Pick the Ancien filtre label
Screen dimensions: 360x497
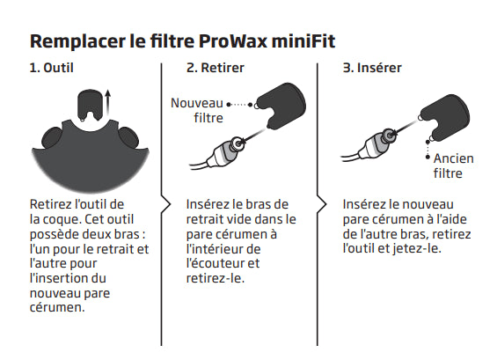[x=452, y=165]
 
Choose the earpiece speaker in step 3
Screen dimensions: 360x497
[x=381, y=137]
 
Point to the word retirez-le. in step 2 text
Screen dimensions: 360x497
[x=214, y=277]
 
